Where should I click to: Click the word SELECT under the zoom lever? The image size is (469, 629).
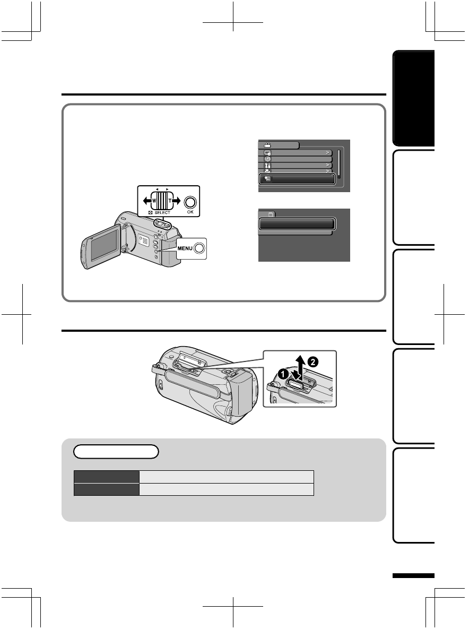coord(159,213)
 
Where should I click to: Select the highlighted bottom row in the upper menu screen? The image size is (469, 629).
coord(297,179)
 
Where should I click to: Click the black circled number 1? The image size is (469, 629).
coord(284,374)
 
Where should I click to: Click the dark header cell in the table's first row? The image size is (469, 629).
coord(106,475)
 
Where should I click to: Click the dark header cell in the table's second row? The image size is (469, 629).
coord(106,488)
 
